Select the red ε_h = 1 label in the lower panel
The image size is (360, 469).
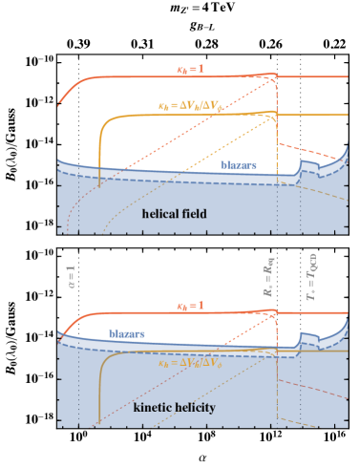click(x=190, y=306)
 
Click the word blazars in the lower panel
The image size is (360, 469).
click(x=126, y=333)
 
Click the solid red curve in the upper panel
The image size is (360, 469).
click(x=143, y=76)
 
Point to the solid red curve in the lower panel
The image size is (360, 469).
click(x=143, y=313)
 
